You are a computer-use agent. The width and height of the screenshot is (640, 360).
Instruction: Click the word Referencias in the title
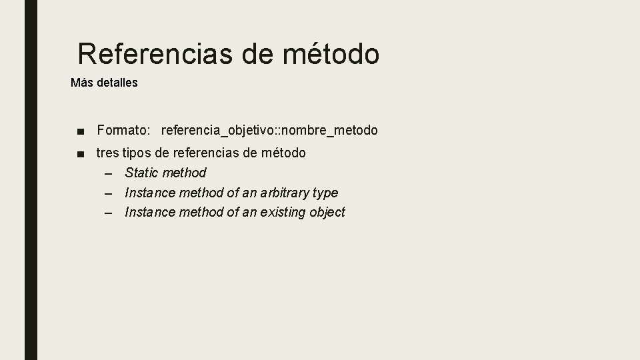coord(156,54)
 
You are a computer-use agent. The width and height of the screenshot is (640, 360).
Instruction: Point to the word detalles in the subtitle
coord(116,83)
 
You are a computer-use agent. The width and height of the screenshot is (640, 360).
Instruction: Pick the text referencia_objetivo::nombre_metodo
coord(269,130)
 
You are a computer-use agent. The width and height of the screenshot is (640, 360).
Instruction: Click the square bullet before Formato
coord(80,131)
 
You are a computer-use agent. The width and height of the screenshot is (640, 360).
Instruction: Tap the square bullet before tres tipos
coord(80,153)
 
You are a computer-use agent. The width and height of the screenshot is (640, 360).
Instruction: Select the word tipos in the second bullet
coord(136,153)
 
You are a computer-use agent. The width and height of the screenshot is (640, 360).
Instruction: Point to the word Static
coord(141,173)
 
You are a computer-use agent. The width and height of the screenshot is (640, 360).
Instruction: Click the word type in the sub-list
coord(325,193)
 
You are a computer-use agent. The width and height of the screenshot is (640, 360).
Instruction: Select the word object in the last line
coord(327,213)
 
